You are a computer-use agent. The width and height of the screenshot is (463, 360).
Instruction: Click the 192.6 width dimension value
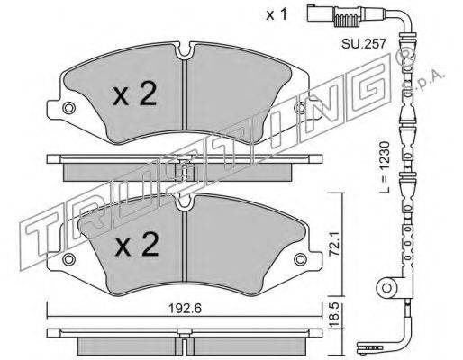pos(185,309)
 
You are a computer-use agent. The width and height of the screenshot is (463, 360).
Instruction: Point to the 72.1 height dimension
pos(334,239)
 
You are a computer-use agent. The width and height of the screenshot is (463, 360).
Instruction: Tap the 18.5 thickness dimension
pos(335,315)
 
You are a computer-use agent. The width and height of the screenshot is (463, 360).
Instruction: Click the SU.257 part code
pos(363,44)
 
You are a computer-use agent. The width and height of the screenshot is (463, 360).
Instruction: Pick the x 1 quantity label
pos(277,14)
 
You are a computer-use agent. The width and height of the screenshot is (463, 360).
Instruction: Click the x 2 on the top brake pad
pos(135,94)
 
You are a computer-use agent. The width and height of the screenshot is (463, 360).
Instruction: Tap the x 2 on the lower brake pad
pos(137,244)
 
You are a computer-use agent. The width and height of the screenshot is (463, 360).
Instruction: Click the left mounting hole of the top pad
pos(68,108)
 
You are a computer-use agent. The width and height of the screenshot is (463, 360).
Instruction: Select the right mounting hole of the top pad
pos(300,108)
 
